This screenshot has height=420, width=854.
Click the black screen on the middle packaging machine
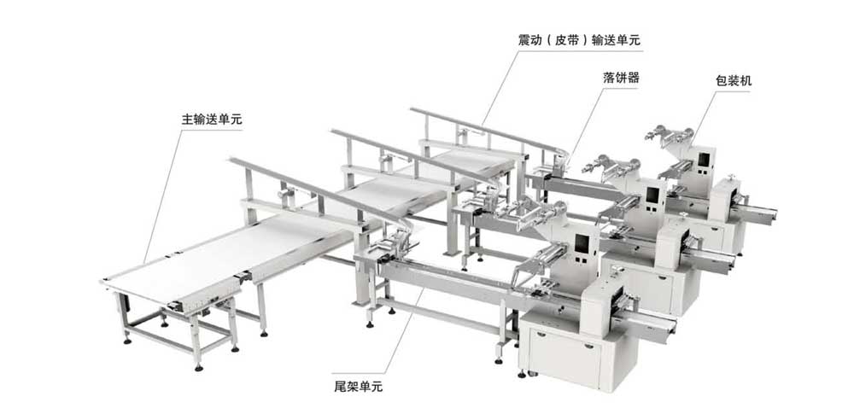653,195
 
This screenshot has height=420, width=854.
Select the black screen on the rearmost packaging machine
704,159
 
